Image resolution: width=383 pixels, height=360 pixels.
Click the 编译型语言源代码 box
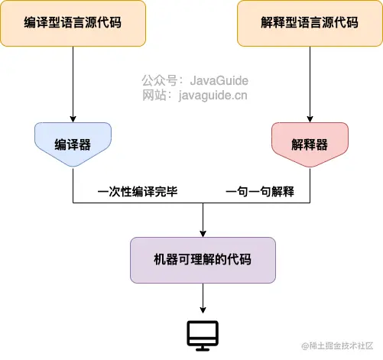[73, 22]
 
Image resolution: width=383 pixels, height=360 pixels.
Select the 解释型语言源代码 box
[310, 22]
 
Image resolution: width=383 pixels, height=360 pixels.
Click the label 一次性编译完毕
[138, 191]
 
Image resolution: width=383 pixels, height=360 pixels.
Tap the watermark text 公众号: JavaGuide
[195, 80]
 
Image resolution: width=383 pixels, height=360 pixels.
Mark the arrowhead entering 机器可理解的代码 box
[202, 232]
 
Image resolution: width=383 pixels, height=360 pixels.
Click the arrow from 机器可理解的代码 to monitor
[202, 298]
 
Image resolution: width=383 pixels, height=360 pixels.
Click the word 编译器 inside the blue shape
[73, 144]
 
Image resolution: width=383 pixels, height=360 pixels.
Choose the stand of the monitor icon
[203, 347]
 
